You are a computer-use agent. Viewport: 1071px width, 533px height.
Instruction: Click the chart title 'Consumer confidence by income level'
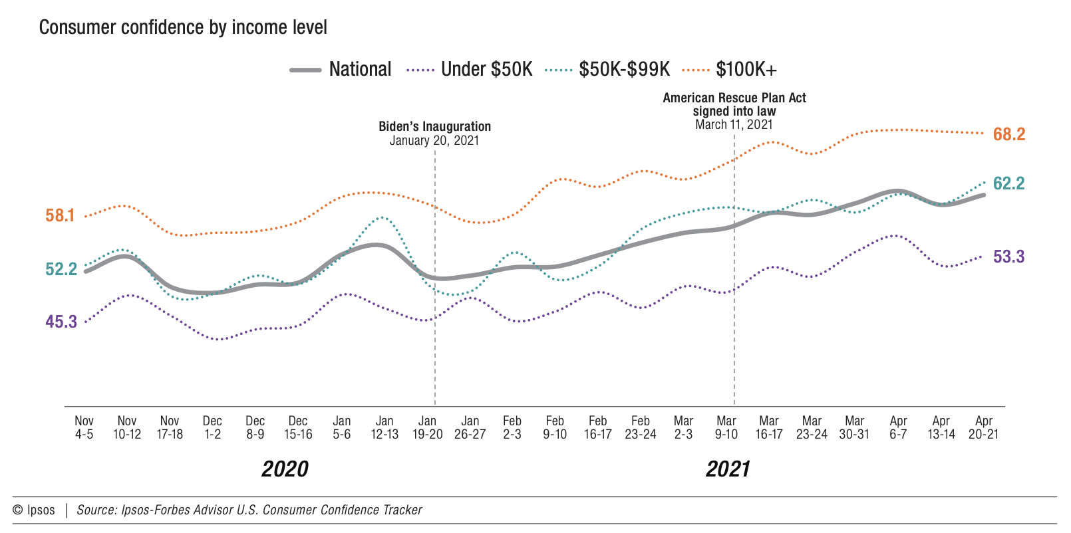click(183, 27)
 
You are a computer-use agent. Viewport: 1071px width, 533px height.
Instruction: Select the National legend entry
click(341, 69)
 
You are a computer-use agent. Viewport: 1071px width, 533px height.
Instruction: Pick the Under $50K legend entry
click(470, 69)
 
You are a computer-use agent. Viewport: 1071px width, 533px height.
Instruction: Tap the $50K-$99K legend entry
click(607, 69)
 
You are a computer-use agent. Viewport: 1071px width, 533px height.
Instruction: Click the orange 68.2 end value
click(1009, 134)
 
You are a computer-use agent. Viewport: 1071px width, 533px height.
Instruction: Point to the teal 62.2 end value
click(1008, 183)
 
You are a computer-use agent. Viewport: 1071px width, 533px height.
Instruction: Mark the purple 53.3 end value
click(1008, 257)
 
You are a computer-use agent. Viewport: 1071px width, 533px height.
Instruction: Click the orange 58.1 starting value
click(60, 215)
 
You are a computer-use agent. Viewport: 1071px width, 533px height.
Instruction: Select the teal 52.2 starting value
click(61, 269)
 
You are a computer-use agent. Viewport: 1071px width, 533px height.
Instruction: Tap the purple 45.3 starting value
click(61, 322)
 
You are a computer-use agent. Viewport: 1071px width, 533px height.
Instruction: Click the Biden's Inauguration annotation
click(434, 133)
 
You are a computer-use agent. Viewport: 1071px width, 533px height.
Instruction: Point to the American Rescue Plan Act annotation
click(734, 111)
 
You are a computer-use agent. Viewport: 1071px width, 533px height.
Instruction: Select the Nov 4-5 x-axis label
click(84, 427)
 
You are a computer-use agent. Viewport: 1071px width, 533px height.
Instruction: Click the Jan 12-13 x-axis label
click(384, 427)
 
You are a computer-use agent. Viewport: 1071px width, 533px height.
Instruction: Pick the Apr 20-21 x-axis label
click(983, 427)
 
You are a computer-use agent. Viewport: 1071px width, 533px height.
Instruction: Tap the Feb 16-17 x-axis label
click(597, 427)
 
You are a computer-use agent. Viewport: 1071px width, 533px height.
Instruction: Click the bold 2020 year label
click(285, 469)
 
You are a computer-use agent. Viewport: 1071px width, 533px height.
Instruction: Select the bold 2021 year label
click(727, 469)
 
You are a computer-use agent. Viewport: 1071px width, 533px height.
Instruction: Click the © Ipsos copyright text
click(34, 510)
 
